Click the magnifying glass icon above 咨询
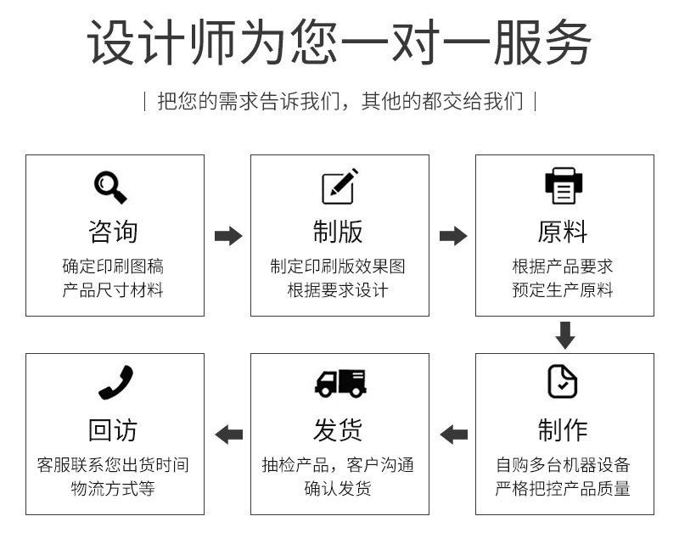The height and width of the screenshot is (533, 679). (x=110, y=187)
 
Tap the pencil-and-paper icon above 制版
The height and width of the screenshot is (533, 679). (x=339, y=186)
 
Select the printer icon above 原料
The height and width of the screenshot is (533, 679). (x=564, y=186)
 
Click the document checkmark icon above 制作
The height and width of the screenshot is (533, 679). (x=562, y=381)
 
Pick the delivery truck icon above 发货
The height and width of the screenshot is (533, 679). (x=340, y=383)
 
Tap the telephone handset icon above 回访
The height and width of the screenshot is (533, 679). (x=115, y=382)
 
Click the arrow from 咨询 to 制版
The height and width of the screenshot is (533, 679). (x=228, y=236)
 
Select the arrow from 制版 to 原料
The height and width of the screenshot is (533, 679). (x=453, y=236)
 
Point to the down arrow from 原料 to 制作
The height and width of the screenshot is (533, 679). (x=565, y=335)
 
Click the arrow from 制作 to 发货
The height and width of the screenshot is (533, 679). (x=453, y=435)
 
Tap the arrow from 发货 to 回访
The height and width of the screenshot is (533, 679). (x=228, y=435)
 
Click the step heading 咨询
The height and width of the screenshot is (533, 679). (x=113, y=232)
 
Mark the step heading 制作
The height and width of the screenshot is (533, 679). (x=563, y=429)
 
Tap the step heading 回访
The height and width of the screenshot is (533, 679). (x=113, y=429)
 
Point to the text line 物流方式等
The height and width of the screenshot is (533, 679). (x=113, y=489)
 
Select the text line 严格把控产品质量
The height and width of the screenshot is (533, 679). (x=563, y=489)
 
